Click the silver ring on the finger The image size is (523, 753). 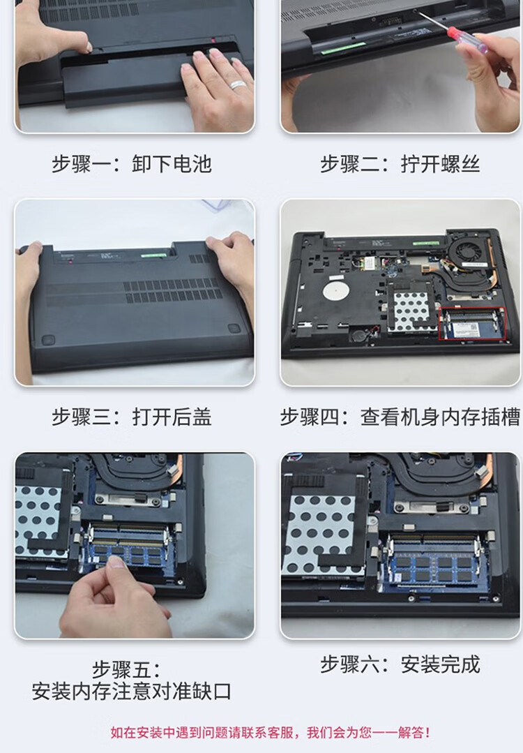(x=238, y=85)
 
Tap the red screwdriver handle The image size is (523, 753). (x=464, y=38)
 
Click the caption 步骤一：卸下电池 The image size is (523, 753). (x=132, y=164)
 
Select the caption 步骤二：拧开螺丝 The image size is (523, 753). (x=400, y=164)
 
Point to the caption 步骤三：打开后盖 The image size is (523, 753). (x=132, y=417)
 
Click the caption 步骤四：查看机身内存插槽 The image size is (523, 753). (x=400, y=417)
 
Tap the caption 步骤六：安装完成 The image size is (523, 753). (x=400, y=664)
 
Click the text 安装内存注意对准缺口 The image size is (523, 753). (x=132, y=692)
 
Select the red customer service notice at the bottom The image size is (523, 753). (x=270, y=733)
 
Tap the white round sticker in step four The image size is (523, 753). (x=335, y=292)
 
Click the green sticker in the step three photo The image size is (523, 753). (x=154, y=253)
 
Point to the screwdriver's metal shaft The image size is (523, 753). (x=434, y=21)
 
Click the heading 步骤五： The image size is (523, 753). (x=126, y=669)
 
